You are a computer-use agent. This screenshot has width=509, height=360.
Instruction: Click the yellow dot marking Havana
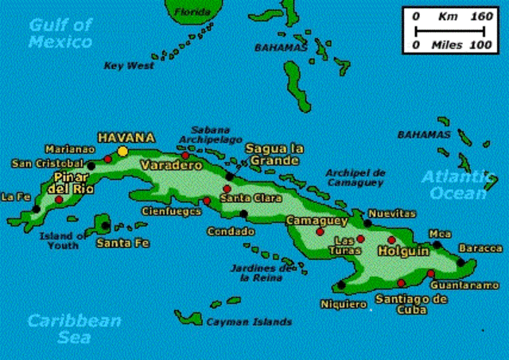pos(122,150)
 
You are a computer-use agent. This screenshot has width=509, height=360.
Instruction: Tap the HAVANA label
pos(126,137)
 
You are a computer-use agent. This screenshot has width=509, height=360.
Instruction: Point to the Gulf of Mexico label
pos(60,33)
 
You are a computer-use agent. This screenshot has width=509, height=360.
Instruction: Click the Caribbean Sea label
pos(74,329)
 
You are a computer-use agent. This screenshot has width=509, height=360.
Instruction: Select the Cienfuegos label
pos(168,211)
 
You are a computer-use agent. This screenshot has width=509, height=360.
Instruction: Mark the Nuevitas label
pos(395,213)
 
